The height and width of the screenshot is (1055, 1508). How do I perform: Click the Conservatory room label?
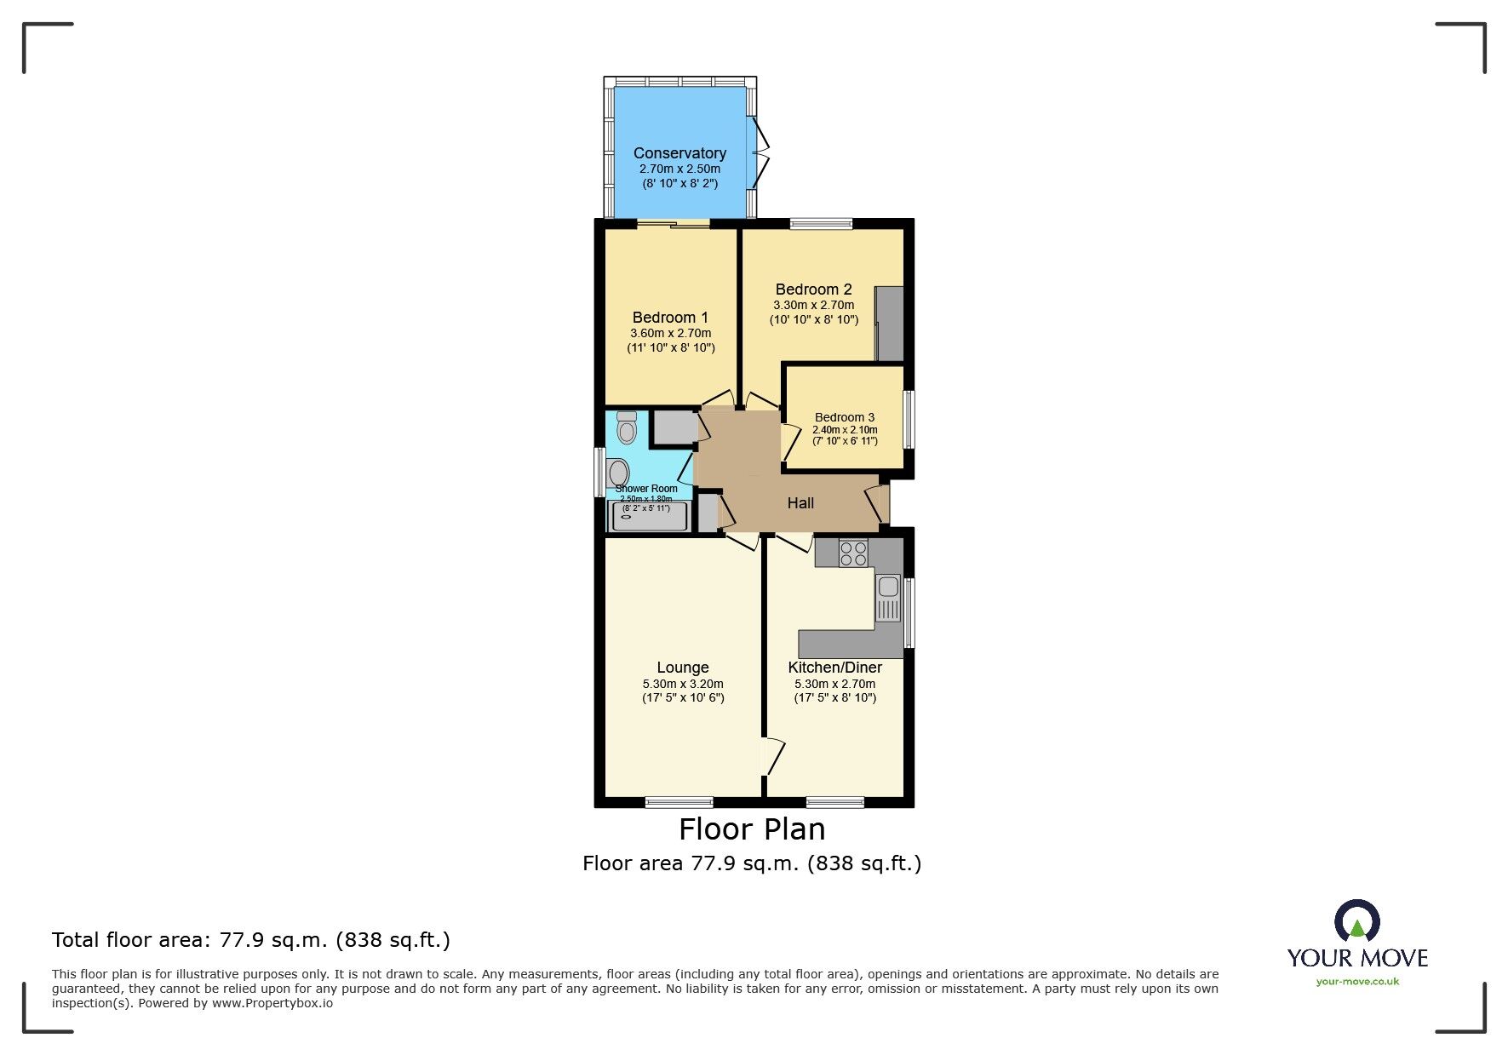[679, 153]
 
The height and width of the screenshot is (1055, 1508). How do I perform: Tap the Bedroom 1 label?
[670, 318]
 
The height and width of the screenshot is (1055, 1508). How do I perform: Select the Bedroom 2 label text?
[813, 290]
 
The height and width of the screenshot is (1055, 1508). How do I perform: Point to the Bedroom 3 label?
[845, 417]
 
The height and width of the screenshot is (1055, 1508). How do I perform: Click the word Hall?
[800, 503]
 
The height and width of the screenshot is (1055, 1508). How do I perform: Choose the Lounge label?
[683, 668]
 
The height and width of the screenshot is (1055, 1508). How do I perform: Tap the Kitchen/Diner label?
[834, 668]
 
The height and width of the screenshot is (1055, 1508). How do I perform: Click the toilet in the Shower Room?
[627, 427]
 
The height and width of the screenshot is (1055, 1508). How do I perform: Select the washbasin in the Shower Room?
[619, 473]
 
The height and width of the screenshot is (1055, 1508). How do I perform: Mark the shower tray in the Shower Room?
[649, 516]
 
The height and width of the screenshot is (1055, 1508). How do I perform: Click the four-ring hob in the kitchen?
[853, 553]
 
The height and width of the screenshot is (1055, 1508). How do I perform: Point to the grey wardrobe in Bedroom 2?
[890, 324]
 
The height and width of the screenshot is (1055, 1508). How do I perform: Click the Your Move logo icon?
[1356, 922]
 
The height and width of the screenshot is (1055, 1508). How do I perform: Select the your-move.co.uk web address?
[1357, 982]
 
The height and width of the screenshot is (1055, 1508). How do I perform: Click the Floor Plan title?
[752, 829]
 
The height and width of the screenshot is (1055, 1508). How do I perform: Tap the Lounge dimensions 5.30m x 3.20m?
[683, 684]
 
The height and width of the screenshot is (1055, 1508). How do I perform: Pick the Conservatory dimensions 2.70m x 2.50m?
[679, 169]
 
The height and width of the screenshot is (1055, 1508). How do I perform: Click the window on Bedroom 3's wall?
[909, 419]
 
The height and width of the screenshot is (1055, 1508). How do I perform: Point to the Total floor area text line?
[251, 940]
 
